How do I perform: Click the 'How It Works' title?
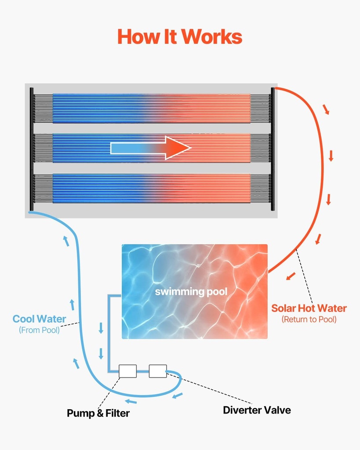point(180,36)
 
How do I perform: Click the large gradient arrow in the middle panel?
point(151,148)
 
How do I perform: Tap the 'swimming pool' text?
point(191,292)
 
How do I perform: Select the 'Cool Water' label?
point(39,319)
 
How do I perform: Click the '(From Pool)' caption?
point(39,330)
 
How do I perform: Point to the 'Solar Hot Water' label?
point(309,308)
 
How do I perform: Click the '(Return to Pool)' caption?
point(309,319)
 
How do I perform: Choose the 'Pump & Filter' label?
point(98,413)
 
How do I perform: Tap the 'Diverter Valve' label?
point(257,410)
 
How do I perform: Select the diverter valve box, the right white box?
point(158,371)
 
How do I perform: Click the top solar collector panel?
point(152,108)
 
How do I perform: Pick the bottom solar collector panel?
point(152,188)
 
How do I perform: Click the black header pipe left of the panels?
point(32,149)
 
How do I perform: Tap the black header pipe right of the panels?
point(273,149)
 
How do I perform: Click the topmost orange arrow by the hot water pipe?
point(326,109)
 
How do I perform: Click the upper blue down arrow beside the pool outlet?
point(101,328)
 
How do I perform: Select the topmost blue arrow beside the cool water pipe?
point(66,240)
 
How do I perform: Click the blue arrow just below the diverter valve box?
point(178,396)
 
